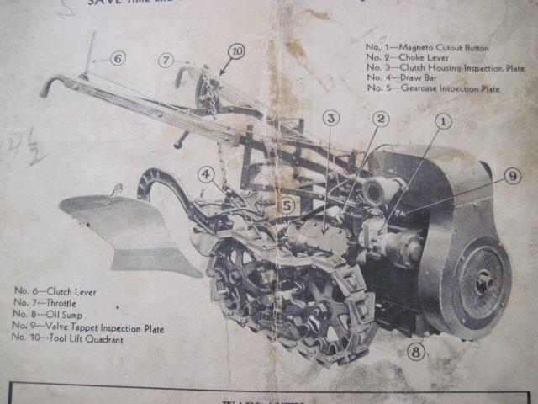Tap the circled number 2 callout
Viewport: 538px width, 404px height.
(381, 120)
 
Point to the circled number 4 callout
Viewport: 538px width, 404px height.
(206, 175)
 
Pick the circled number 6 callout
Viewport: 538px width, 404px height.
(117, 58)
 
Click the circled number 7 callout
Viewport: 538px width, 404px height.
(166, 60)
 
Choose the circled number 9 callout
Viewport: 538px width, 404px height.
(512, 176)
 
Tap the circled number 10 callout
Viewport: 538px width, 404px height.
(236, 52)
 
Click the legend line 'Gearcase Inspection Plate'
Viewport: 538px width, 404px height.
(432, 88)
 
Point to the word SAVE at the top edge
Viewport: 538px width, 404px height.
(108, 3)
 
